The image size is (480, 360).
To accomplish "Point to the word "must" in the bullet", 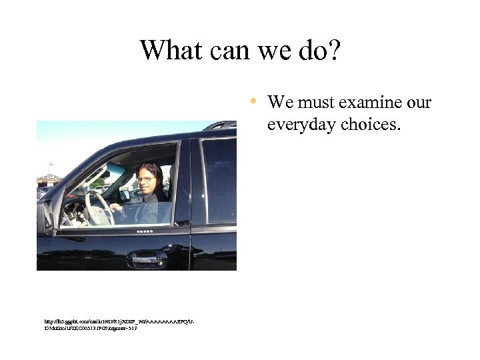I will [315, 103].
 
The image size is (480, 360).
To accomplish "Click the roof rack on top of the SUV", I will [220, 125].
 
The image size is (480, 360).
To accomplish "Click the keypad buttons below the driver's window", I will [144, 231].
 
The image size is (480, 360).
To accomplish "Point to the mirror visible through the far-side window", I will [123, 195].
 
